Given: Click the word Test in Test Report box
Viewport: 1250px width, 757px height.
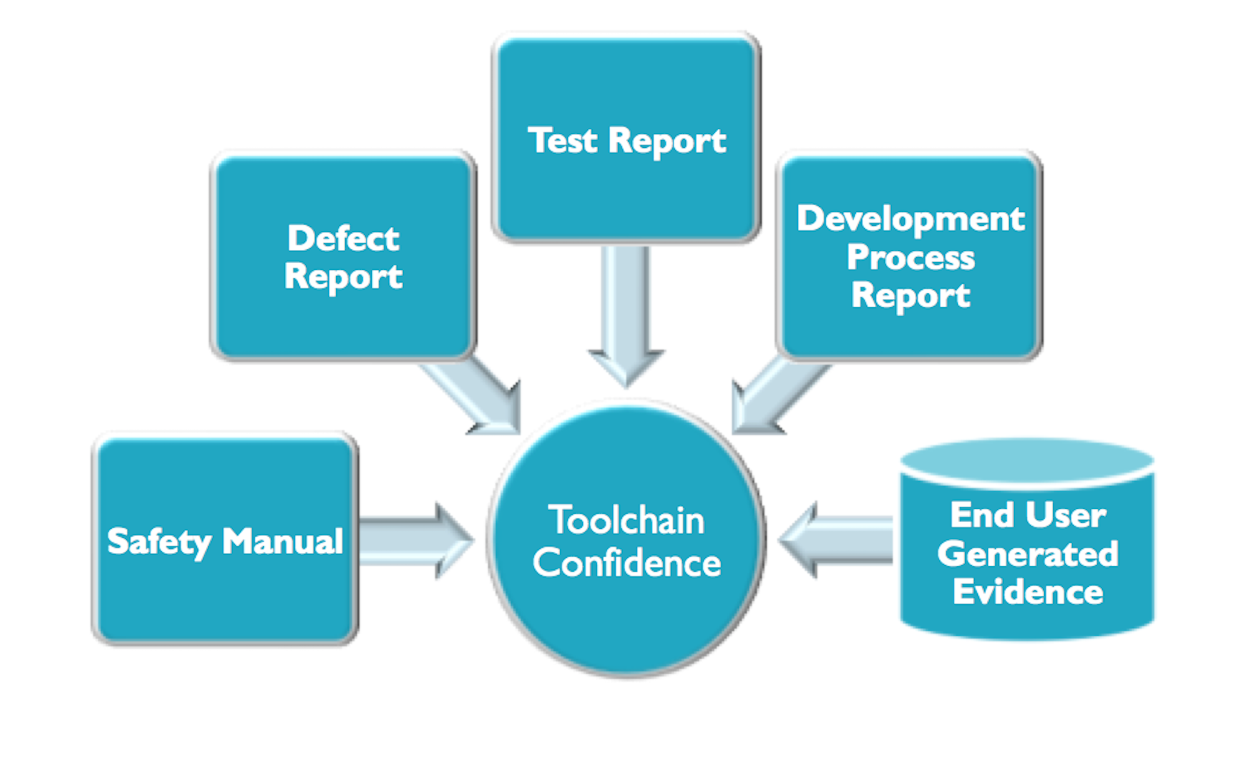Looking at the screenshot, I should click(x=563, y=141).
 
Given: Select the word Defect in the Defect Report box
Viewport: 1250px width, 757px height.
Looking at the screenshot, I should click(x=343, y=238).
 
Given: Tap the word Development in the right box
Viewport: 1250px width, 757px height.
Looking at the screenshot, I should click(x=910, y=219).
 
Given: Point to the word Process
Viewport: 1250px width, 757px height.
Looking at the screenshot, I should click(x=910, y=258).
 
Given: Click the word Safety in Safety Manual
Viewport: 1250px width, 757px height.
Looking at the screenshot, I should click(x=158, y=541).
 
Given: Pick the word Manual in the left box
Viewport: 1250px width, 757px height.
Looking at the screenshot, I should click(x=282, y=541).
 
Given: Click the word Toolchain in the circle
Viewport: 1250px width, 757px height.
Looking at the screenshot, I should click(x=626, y=520).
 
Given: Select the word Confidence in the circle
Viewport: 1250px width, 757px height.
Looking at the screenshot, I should click(x=627, y=563).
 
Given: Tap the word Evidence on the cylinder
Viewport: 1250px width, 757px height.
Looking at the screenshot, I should click(x=1027, y=592).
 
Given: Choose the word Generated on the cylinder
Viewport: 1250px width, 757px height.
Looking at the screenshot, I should click(x=1027, y=554).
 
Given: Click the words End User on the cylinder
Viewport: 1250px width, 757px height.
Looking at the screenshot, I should click(x=1027, y=515).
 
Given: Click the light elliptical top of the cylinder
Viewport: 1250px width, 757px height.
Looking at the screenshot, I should click(x=1027, y=461).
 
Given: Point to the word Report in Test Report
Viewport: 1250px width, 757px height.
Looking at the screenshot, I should click(x=667, y=141).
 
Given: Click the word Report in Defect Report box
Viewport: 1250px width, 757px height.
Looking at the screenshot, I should click(x=343, y=276).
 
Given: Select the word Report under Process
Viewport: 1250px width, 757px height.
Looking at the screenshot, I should click(x=910, y=296).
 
